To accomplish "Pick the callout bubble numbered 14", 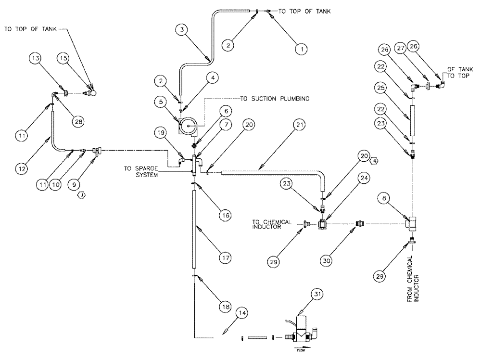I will click(243, 313).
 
